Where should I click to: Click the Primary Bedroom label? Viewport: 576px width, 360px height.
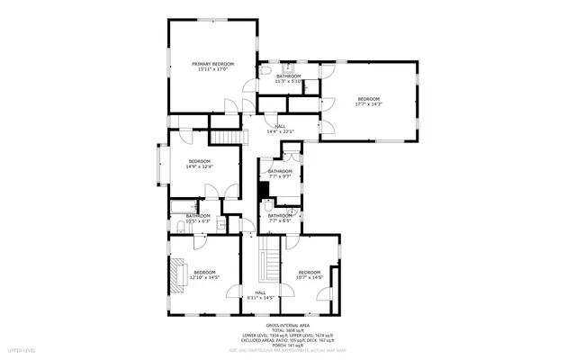212,64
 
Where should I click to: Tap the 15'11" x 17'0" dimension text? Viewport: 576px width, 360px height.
212,69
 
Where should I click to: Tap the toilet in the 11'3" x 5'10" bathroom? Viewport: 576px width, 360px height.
267,71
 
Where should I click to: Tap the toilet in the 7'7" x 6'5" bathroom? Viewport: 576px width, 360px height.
269,208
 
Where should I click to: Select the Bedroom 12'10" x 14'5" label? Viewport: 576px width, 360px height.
204,274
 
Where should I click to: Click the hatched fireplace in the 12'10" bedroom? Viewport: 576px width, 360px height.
176,272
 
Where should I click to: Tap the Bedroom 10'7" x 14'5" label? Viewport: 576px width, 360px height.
310,274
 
